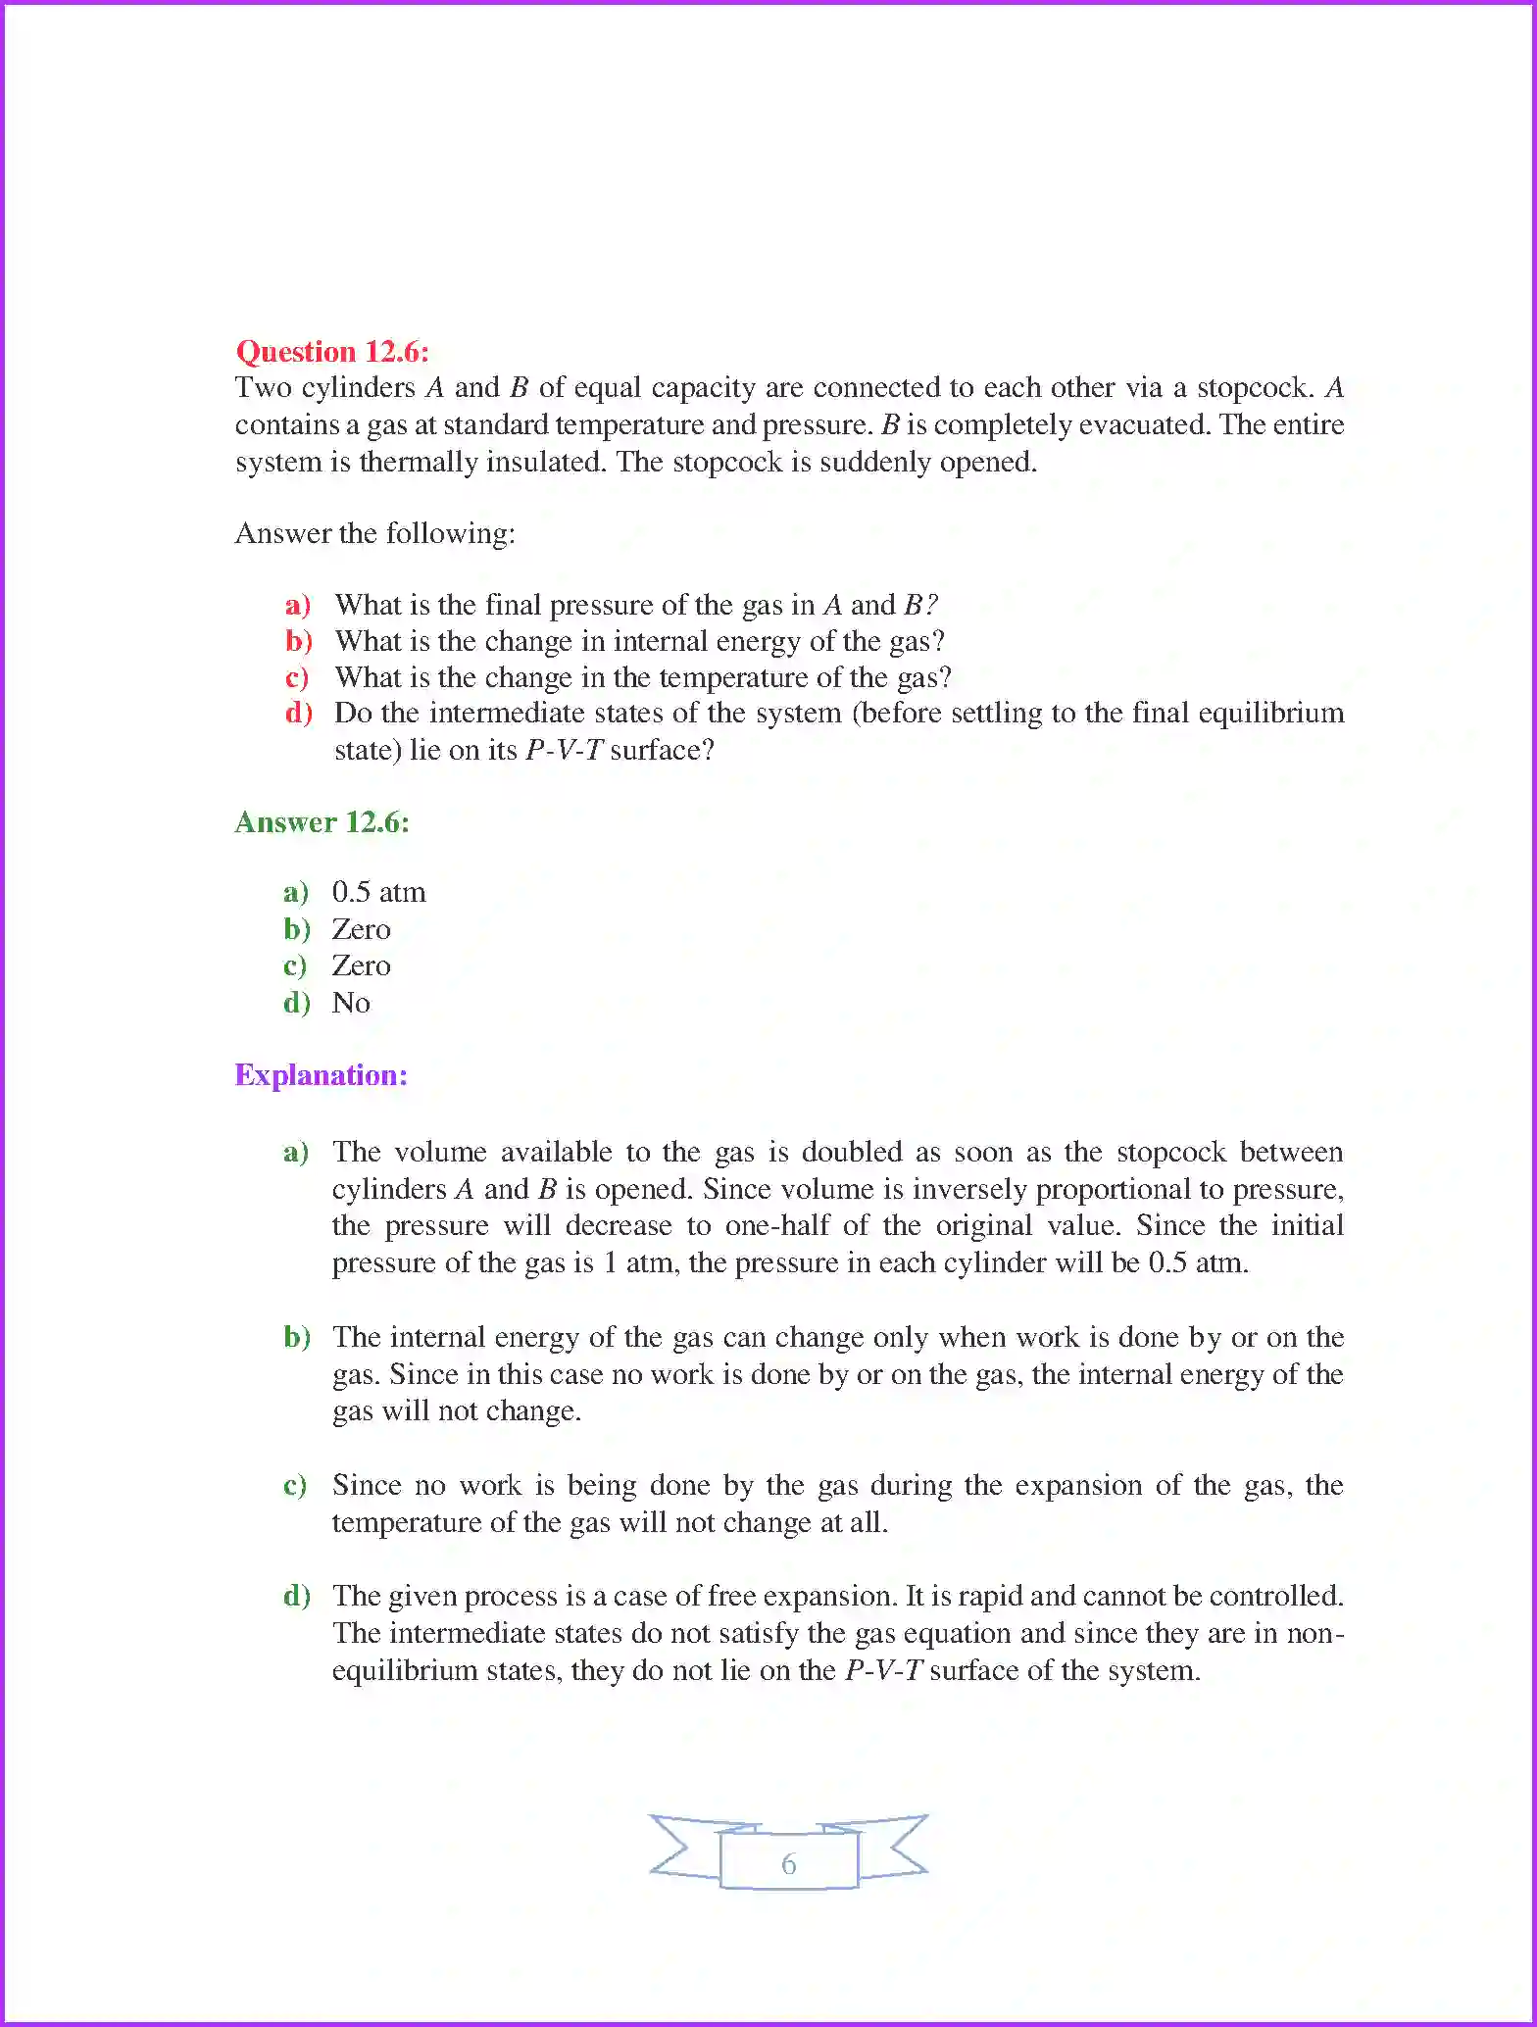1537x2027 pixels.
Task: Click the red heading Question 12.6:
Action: click(x=332, y=351)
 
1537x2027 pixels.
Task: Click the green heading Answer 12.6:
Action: click(x=322, y=821)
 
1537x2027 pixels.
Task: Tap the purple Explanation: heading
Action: click(x=321, y=1075)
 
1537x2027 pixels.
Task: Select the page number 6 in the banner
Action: click(x=788, y=1864)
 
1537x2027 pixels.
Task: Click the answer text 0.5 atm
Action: click(x=378, y=892)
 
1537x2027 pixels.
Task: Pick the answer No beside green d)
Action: click(x=351, y=1003)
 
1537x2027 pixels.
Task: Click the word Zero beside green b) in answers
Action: click(x=361, y=929)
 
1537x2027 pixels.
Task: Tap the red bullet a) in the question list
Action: click(x=297, y=605)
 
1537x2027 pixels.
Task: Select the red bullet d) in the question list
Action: click(x=298, y=714)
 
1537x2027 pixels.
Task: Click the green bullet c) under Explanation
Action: click(x=295, y=1486)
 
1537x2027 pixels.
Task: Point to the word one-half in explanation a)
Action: click(x=775, y=1226)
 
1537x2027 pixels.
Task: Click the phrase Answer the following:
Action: click(x=374, y=533)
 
